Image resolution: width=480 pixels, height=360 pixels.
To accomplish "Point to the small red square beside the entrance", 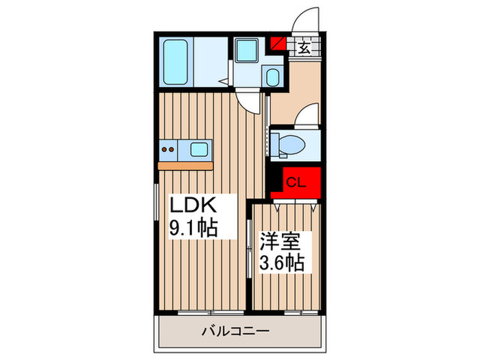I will (279, 45).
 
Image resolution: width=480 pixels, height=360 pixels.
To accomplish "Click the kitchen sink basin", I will (200, 148).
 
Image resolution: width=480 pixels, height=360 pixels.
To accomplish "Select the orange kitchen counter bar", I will (185, 165).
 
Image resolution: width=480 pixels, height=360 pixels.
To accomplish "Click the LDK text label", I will (193, 206).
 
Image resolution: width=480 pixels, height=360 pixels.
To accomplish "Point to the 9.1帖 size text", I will (194, 228).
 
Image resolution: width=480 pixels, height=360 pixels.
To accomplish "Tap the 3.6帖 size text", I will (281, 262).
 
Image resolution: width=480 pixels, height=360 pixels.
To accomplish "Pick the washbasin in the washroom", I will (272, 77).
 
